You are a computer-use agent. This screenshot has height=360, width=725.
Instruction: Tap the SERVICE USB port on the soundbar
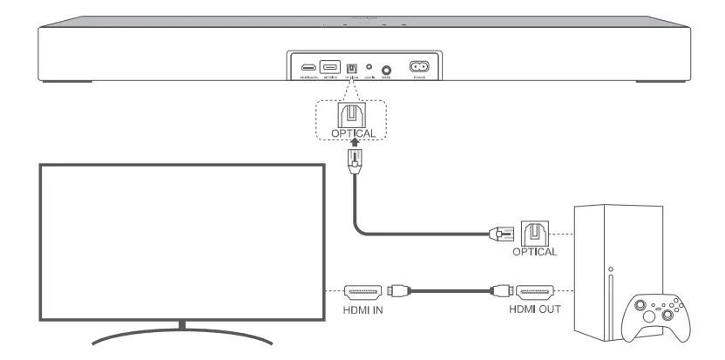tap(330, 66)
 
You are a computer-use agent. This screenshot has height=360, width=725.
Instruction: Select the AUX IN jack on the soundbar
tap(369, 67)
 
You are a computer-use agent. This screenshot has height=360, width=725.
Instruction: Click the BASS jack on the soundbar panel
tap(386, 69)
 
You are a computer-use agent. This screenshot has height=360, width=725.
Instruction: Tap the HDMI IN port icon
tap(361, 292)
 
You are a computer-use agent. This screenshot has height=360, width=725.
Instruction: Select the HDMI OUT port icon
tap(534, 292)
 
